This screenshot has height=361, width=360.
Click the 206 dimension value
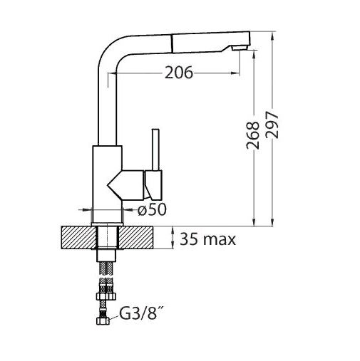pos(179,73)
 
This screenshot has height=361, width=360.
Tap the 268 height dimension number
pos(252,135)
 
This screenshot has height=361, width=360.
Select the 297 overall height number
pos(272,125)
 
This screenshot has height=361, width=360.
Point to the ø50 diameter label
pos(152,210)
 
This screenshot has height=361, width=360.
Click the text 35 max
pos(207,239)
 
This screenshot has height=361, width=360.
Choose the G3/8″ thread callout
pos(138,314)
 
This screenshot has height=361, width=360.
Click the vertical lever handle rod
pos(155,150)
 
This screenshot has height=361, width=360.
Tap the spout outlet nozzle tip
pos(240,48)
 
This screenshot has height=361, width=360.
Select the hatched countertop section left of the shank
pos(79,238)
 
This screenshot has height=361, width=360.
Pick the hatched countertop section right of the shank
pos(135,238)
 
